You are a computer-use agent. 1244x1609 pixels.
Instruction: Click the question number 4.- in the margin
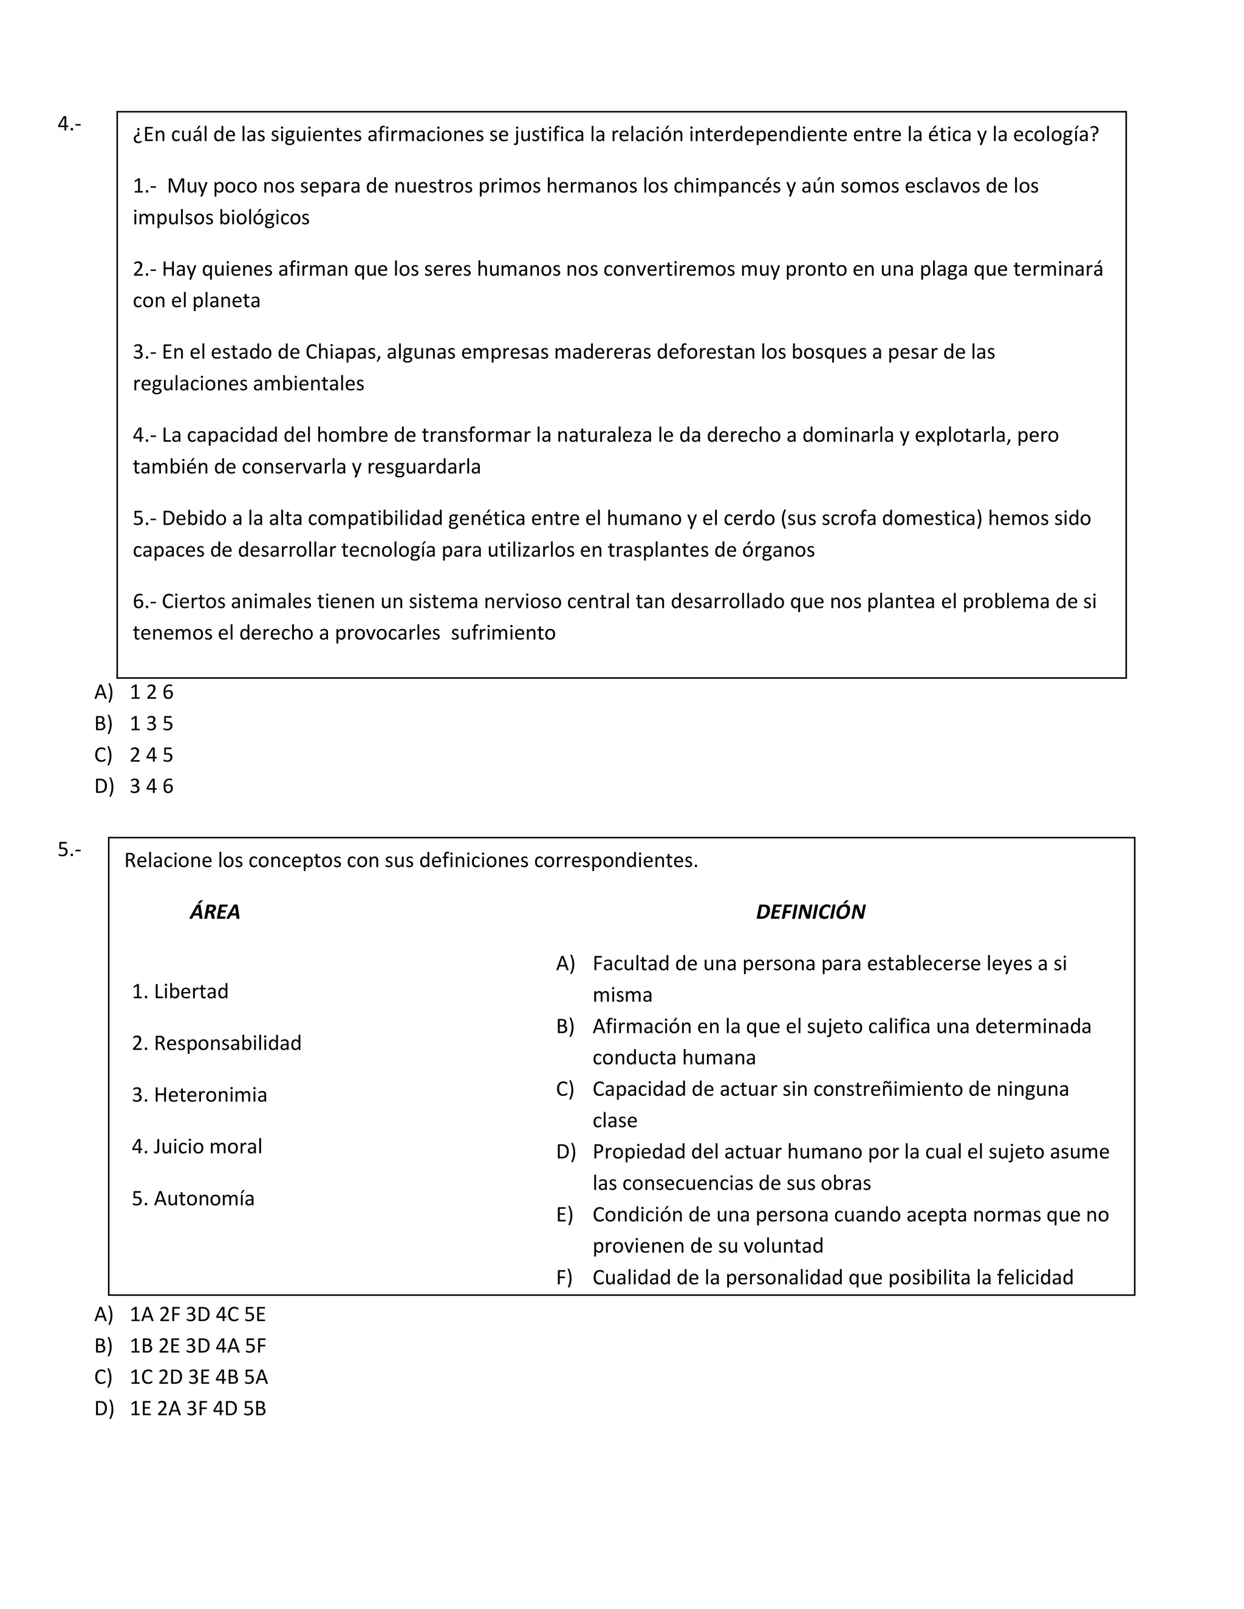pos(69,124)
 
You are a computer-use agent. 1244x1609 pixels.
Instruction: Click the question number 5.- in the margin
pos(69,849)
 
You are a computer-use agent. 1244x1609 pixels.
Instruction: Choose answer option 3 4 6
pos(151,786)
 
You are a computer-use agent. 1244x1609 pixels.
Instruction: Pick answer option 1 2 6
pos(151,693)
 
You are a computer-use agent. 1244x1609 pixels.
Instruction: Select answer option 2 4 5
pos(151,755)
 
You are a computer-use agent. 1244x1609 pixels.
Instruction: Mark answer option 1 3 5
pos(151,724)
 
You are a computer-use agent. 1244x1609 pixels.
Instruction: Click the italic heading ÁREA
pos(214,912)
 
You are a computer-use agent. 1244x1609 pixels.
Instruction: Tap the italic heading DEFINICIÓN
pos(810,912)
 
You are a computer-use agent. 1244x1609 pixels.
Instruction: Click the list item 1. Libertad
pos(180,992)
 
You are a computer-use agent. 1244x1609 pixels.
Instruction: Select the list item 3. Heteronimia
pos(199,1095)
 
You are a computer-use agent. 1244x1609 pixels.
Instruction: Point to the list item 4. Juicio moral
pos(197,1146)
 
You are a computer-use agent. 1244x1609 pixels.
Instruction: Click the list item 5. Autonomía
pos(193,1199)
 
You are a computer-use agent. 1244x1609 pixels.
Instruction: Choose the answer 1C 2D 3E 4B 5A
pos(198,1377)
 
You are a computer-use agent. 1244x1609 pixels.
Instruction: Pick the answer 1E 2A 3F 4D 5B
pos(197,1409)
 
